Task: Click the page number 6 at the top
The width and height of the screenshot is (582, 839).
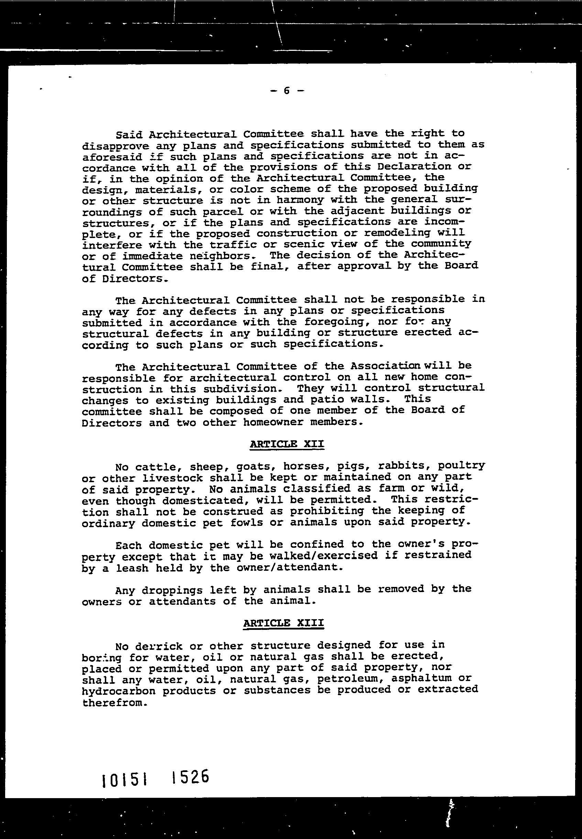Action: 287,91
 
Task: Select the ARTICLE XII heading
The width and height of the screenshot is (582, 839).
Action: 287,444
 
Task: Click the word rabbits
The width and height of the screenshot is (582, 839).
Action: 404,466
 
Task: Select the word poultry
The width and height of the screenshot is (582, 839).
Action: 461,466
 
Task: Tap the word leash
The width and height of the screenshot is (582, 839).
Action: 132,568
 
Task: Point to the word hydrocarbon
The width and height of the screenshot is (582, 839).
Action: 119,691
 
